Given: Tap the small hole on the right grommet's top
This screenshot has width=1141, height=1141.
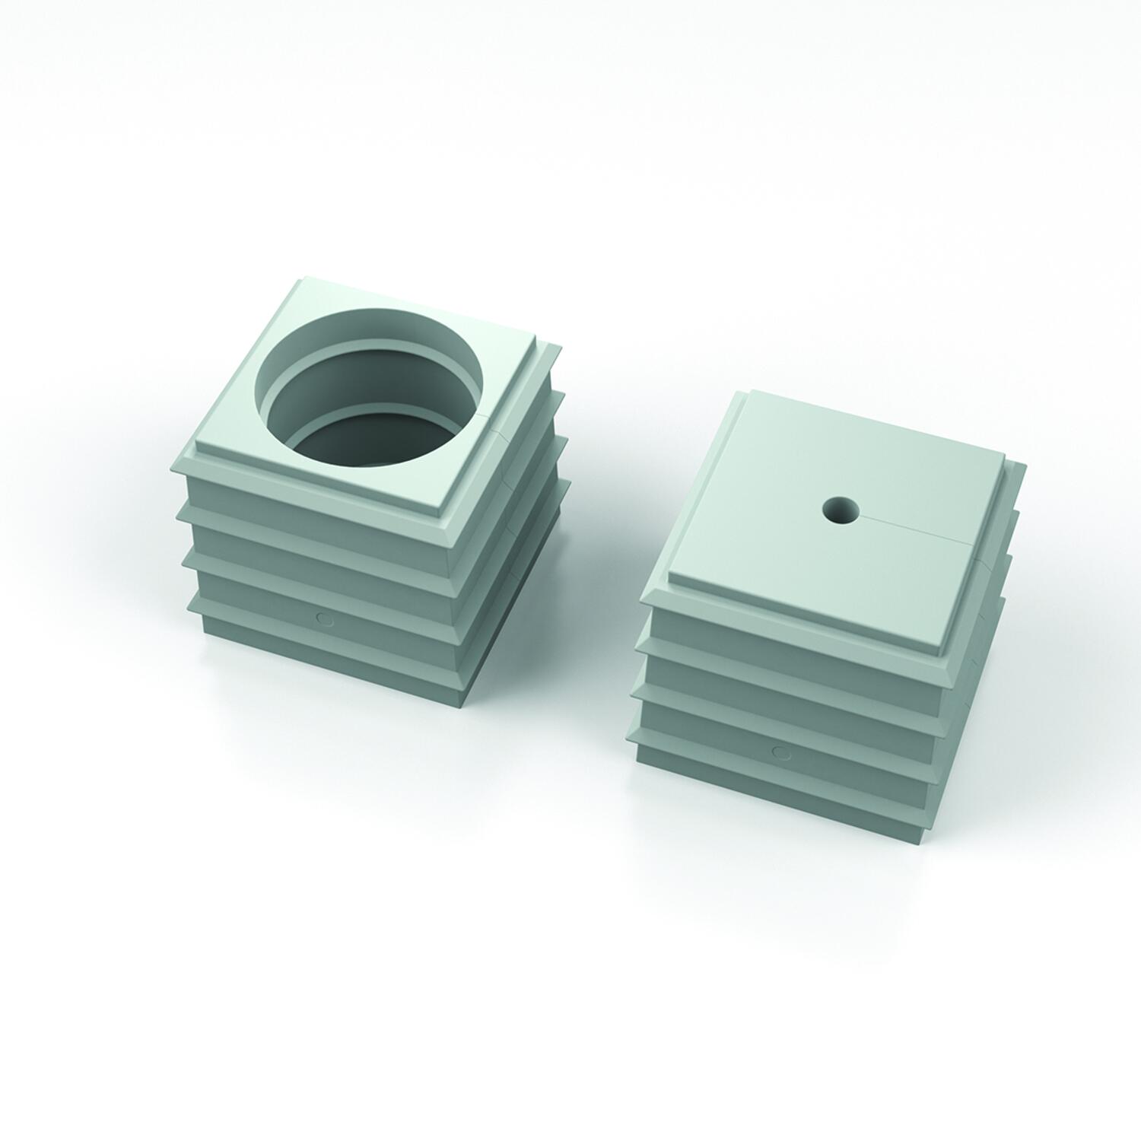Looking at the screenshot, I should click(x=841, y=510).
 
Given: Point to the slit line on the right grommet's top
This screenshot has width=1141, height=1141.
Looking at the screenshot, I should click(x=913, y=530).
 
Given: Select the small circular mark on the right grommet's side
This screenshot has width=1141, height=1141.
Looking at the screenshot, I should click(x=780, y=752).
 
